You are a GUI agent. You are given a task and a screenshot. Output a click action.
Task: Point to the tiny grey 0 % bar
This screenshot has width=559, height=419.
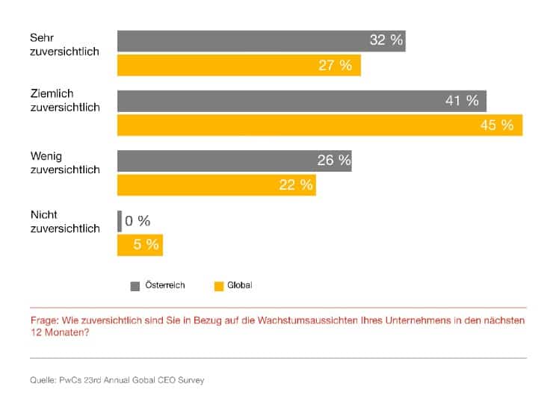(x=120, y=221)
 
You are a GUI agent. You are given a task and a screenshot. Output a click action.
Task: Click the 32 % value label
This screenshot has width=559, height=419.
(x=386, y=40)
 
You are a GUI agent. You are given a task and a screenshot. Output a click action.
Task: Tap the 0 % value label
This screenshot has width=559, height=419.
(x=138, y=221)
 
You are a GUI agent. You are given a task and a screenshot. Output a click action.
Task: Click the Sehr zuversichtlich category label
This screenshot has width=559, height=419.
(x=64, y=44)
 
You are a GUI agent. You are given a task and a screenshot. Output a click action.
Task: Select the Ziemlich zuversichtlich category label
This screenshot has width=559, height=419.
(x=64, y=101)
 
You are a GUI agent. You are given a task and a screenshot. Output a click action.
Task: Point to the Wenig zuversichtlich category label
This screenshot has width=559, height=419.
(x=64, y=162)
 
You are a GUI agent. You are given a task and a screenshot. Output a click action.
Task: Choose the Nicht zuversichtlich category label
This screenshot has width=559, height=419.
(x=64, y=222)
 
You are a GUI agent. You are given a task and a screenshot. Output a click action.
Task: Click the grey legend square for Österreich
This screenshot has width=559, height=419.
(x=135, y=285)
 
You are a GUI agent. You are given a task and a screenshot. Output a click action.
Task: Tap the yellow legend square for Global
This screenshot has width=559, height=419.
(x=219, y=285)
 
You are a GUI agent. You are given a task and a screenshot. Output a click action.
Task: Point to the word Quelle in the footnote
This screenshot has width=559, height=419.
(x=43, y=380)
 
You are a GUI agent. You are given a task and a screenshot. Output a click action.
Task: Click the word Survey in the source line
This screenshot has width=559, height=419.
(x=191, y=380)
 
